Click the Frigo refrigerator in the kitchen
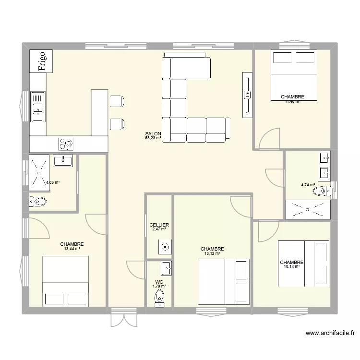(x=41, y=61)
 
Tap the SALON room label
(x=154, y=134)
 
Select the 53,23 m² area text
(x=153, y=138)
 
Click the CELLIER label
(x=159, y=225)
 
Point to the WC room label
(x=159, y=282)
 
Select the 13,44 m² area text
(x=72, y=249)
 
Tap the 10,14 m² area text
(x=292, y=267)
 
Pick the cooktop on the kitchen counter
(x=66, y=143)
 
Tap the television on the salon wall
(x=247, y=94)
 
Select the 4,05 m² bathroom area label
(x=52, y=182)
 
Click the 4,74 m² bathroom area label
(x=308, y=185)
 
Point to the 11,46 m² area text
(x=292, y=101)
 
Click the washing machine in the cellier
(x=165, y=248)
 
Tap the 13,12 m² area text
(x=212, y=253)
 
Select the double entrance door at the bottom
(x=124, y=317)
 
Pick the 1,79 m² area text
(x=159, y=287)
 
